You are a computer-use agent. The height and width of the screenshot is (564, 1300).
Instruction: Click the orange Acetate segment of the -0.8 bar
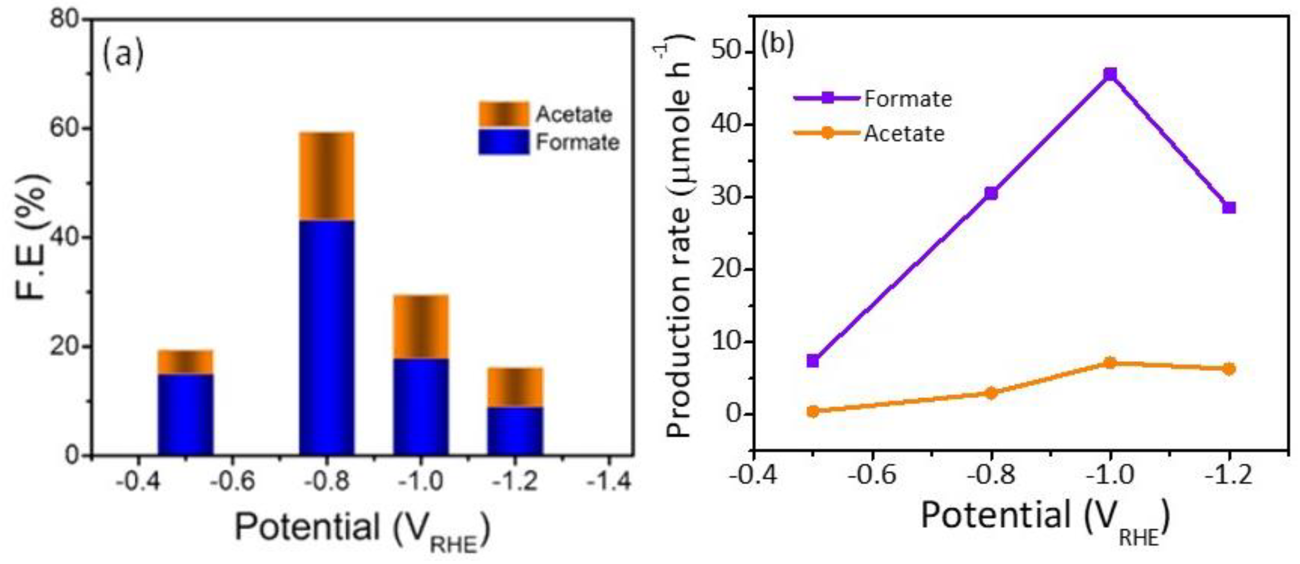click(327, 176)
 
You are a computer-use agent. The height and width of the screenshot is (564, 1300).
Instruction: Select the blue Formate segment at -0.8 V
click(327, 337)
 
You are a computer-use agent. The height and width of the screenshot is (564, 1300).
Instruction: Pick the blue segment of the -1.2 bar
click(515, 431)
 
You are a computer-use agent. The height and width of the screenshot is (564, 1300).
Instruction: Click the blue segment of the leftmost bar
click(186, 414)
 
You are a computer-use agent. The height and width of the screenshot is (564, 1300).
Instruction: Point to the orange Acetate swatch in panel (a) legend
click(504, 114)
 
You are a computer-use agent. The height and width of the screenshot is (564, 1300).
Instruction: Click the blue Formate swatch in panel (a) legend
click(504, 142)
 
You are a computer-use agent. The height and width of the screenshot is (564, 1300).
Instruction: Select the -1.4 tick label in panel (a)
click(609, 481)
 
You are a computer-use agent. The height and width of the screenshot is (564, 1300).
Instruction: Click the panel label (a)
click(123, 55)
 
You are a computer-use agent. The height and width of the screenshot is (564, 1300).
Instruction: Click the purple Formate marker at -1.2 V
click(1229, 207)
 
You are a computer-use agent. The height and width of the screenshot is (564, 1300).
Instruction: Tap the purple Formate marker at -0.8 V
click(991, 193)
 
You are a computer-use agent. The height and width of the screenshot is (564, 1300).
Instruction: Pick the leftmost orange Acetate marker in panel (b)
click(812, 411)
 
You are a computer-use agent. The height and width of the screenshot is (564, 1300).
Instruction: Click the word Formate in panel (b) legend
click(908, 99)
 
